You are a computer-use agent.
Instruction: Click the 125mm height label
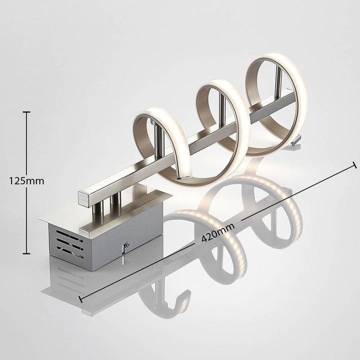click(26, 181)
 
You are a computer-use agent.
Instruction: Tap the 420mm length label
click(218, 233)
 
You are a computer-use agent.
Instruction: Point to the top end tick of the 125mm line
click(26, 112)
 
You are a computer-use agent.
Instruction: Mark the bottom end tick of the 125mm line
click(26, 253)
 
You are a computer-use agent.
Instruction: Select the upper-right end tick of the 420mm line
click(354, 164)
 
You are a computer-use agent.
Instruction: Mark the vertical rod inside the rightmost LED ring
click(278, 82)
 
